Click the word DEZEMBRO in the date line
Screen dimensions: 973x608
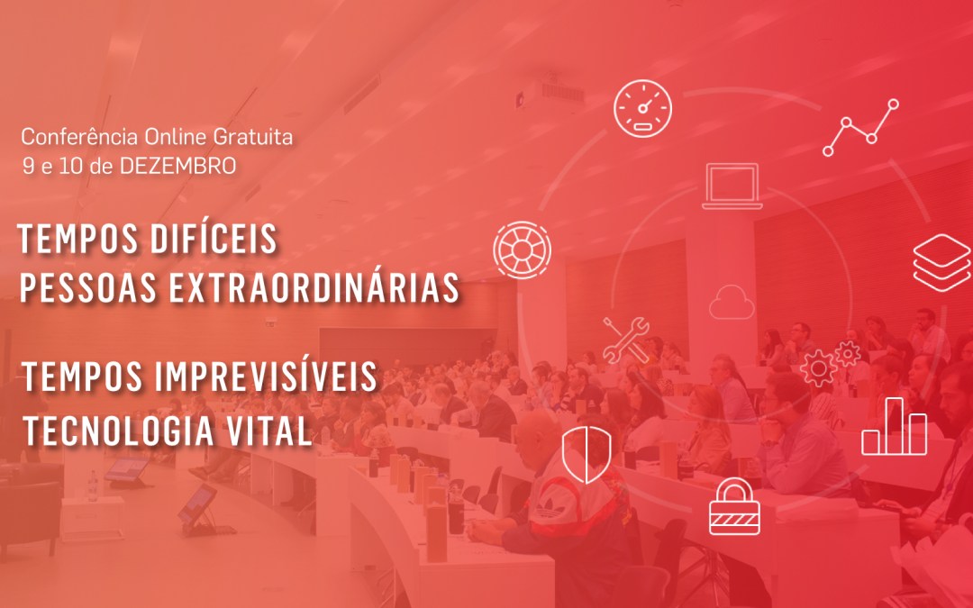(178, 167)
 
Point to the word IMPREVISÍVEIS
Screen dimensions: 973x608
(266, 376)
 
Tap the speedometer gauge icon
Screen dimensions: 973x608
(643, 109)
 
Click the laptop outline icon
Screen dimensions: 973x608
(732, 186)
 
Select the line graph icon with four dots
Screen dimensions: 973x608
(860, 128)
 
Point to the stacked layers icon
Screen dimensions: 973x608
(941, 262)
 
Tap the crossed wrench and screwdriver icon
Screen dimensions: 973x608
(626, 340)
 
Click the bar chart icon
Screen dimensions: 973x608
(895, 427)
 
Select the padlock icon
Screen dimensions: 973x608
(735, 506)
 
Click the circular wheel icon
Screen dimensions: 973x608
(522, 250)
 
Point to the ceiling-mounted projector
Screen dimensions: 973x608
(550, 93)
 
